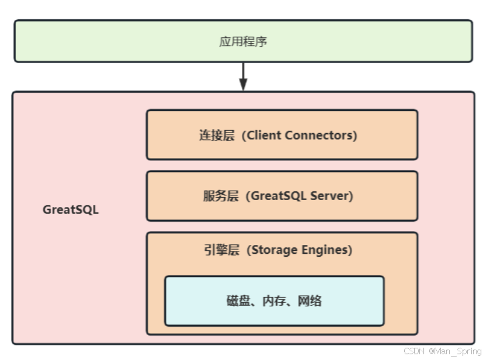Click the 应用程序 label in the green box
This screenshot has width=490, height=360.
243,42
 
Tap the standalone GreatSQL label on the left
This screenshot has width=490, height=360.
71,210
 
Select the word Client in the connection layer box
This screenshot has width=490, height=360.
267,135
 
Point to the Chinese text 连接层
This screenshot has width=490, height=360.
217,135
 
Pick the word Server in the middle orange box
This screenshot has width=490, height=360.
332,196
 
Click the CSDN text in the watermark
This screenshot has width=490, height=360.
413,351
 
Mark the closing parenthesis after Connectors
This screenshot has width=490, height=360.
355,135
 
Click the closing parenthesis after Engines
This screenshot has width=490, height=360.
350,250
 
